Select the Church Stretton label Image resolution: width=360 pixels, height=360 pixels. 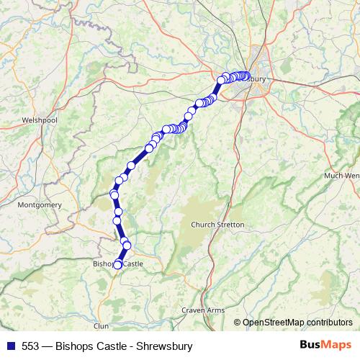(217, 225)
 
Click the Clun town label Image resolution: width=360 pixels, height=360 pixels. (101, 326)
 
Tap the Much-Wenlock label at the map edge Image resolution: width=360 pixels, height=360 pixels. (342, 175)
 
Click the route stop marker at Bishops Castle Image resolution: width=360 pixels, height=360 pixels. (118, 265)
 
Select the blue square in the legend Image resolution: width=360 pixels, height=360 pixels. (9, 346)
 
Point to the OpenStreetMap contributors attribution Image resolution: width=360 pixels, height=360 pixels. (297, 322)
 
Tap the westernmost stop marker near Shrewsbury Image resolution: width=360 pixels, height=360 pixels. (222, 80)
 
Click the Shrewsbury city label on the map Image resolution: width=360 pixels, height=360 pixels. (266, 79)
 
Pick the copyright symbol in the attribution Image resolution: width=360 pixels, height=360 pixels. (238, 322)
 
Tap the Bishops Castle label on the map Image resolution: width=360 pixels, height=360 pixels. (117, 264)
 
